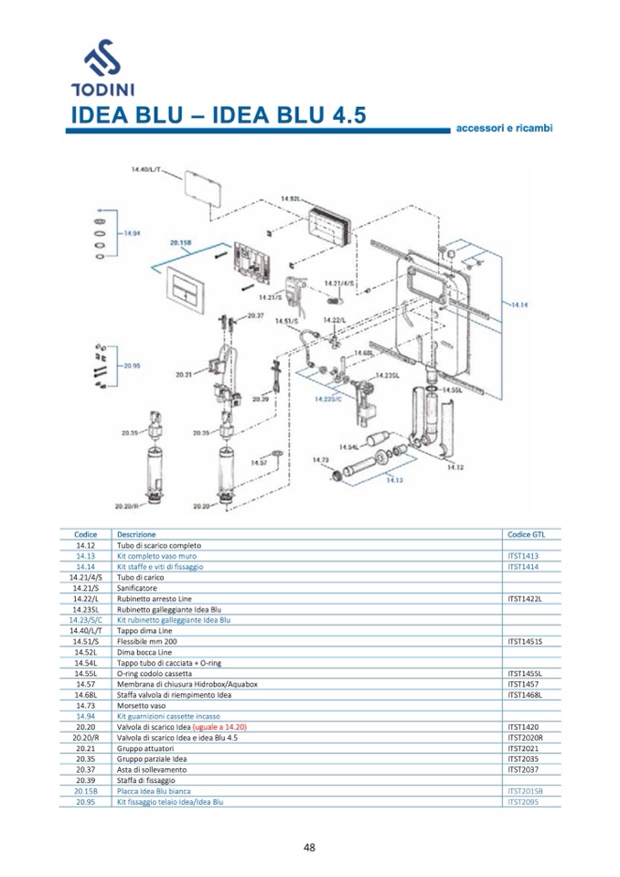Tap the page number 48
(x=309, y=846)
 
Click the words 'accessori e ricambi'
(x=504, y=128)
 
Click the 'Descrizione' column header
(x=136, y=534)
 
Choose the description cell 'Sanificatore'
(x=136, y=588)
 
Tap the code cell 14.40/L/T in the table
(x=86, y=630)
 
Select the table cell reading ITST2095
(x=524, y=801)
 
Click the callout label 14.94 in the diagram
(x=131, y=233)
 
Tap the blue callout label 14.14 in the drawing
(x=519, y=304)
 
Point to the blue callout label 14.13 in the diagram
(x=394, y=478)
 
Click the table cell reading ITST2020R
(x=525, y=737)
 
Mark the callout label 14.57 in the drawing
(x=259, y=463)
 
